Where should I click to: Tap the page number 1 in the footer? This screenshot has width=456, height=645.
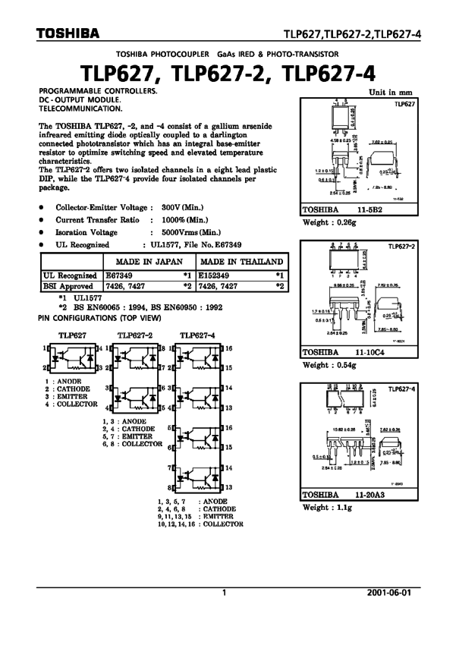click(x=224, y=593)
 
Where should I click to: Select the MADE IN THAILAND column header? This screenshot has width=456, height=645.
click(x=241, y=261)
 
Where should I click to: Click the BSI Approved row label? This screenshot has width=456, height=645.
click(x=71, y=286)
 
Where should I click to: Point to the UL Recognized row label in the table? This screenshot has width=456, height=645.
click(x=71, y=275)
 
